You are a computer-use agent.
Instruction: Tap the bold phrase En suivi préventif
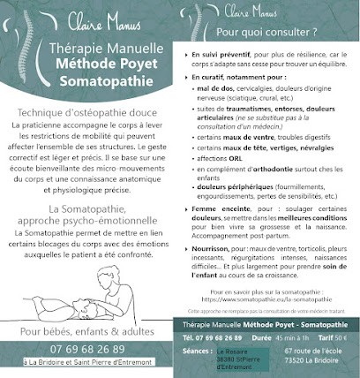coord(224,55)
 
